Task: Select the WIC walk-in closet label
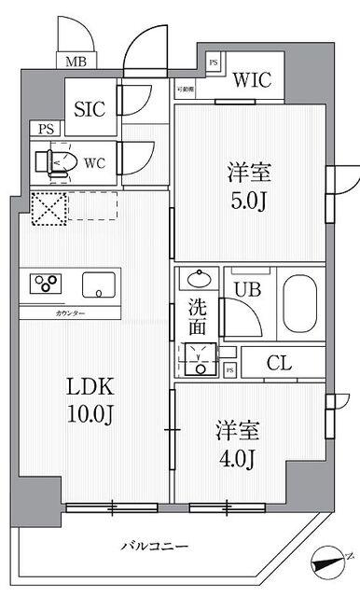[x=251, y=79]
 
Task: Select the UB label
[x=246, y=290]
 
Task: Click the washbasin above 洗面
[x=198, y=279]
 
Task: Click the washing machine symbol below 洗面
[x=198, y=358]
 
